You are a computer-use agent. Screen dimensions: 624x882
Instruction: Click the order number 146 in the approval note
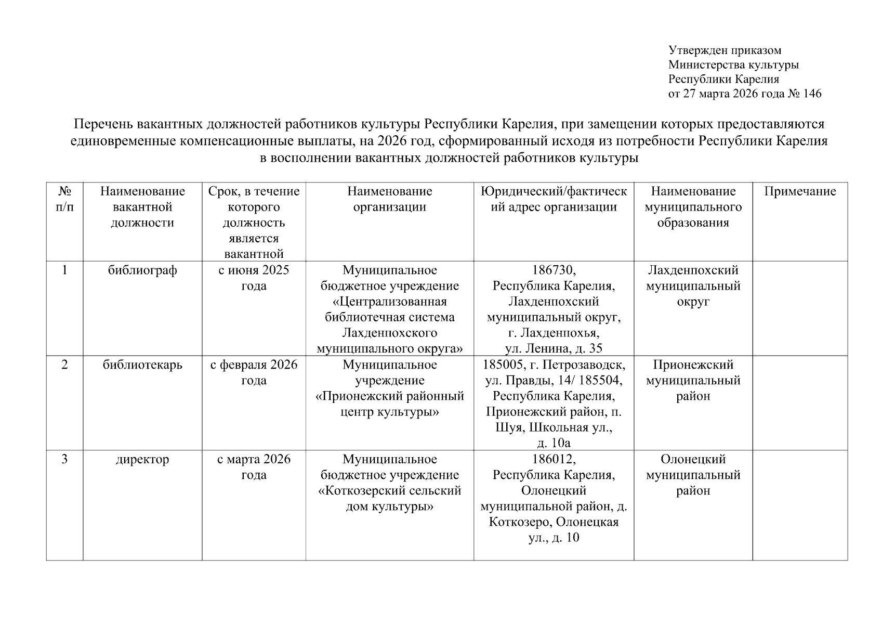click(x=812, y=94)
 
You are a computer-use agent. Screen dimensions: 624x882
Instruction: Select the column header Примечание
click(x=800, y=191)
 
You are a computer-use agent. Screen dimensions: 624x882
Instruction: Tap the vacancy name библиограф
click(x=142, y=270)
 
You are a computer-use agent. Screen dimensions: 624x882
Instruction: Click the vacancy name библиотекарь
click(x=142, y=365)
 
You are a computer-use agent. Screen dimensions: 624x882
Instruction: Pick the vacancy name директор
click(x=142, y=460)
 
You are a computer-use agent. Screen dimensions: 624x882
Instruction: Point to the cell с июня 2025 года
click(x=254, y=278)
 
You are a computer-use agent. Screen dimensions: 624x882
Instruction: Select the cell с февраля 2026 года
click(x=254, y=372)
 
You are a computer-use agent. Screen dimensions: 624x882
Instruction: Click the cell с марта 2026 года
click(x=254, y=467)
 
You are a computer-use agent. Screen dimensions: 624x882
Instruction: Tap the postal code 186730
click(x=554, y=270)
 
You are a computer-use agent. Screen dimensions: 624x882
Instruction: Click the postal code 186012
click(x=554, y=460)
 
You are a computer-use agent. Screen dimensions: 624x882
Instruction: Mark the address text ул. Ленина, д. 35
click(x=554, y=349)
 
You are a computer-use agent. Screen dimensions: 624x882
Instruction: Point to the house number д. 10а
click(x=554, y=444)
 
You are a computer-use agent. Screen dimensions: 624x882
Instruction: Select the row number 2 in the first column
click(x=64, y=365)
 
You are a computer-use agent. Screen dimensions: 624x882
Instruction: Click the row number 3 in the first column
click(x=64, y=460)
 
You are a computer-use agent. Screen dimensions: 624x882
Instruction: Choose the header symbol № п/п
click(x=64, y=199)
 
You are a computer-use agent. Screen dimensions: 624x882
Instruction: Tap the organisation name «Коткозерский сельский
click(x=390, y=491)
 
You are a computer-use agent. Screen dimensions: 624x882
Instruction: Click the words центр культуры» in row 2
click(x=390, y=412)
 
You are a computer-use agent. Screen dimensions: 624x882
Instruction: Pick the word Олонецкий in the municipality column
click(x=693, y=460)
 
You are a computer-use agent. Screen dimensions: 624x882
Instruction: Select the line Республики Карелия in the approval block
click(x=723, y=80)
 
